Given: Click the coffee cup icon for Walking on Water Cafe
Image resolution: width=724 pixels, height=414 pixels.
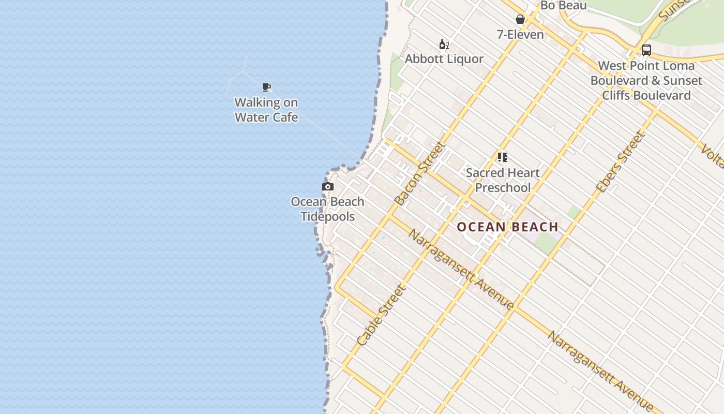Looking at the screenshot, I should [266, 87].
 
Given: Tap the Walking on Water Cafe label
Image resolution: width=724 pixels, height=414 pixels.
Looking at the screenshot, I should [266, 110].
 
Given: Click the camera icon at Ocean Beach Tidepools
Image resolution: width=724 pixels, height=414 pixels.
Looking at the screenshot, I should [328, 187].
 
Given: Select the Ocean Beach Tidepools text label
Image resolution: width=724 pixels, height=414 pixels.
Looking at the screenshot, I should [327, 209].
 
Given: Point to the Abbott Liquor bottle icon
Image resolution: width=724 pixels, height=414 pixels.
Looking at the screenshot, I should [444, 45].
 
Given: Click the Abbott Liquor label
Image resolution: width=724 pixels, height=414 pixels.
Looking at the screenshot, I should [444, 59].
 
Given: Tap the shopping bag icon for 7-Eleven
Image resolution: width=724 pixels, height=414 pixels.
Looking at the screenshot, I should [520, 20].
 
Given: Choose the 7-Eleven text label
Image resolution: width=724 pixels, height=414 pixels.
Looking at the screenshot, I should [520, 35].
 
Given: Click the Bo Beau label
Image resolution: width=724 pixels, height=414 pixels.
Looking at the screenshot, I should [563, 6].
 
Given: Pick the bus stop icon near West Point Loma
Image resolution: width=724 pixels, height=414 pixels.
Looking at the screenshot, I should [646, 50].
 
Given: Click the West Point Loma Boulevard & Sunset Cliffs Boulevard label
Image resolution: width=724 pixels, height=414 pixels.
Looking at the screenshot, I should [646, 81].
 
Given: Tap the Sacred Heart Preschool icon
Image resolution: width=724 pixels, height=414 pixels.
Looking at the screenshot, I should [503, 157].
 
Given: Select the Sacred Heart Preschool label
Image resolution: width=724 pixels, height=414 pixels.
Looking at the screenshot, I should [503, 180].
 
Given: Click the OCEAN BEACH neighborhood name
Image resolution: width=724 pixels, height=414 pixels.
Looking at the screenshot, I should [507, 227].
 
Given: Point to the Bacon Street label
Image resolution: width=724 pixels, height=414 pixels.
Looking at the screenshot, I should [419, 173].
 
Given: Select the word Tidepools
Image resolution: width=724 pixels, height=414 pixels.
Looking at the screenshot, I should [328, 216].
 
